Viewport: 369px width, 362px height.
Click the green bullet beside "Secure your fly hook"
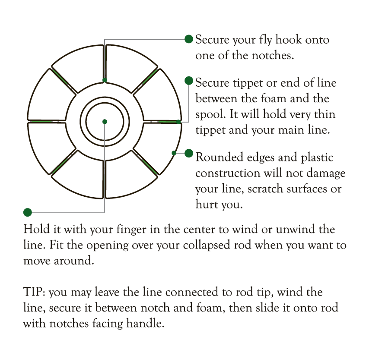(189, 39)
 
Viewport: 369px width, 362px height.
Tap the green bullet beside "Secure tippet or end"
(189, 81)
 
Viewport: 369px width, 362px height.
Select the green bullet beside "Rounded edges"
(189, 153)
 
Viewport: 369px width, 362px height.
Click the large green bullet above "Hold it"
(28, 212)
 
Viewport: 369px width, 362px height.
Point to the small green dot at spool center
(105, 122)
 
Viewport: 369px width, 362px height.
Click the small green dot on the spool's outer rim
(174, 153)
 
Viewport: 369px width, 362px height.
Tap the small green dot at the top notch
(105, 80)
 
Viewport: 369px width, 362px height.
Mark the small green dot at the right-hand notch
(178, 122)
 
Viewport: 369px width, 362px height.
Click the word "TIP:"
(34, 293)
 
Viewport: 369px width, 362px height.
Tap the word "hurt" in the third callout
(207, 205)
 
